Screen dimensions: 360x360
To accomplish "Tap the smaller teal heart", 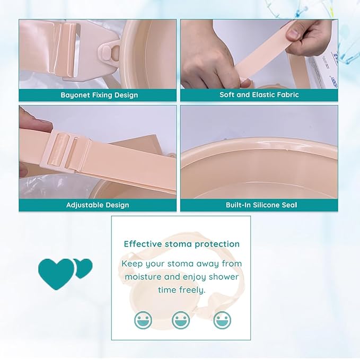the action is (x=84, y=268).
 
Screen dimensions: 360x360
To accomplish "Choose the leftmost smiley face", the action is (x=143, y=320).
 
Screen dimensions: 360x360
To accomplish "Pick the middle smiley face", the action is (x=181, y=320).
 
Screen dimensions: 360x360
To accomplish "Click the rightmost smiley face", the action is (x=222, y=320).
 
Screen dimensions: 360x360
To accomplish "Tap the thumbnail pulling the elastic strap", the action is (x=293, y=34).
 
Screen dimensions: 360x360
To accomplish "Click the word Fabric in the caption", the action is (x=288, y=94).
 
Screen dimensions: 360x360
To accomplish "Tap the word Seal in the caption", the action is (x=289, y=205).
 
